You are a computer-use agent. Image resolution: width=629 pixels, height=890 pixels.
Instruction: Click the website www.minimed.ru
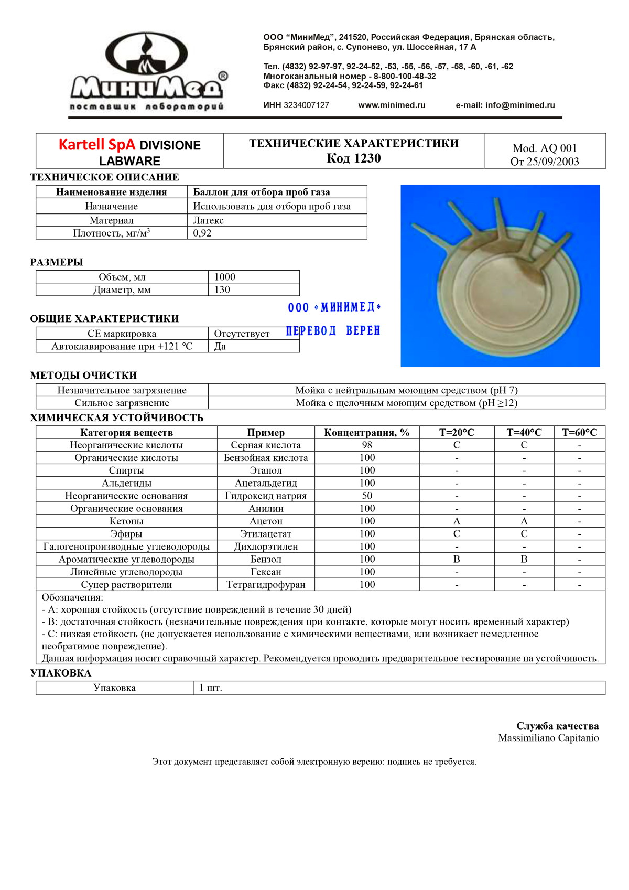tap(392, 105)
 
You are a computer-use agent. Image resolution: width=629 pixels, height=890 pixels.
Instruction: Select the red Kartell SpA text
tap(96, 145)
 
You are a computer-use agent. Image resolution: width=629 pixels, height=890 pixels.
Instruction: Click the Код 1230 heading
tap(353, 158)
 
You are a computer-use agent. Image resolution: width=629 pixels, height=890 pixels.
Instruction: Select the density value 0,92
tap(202, 233)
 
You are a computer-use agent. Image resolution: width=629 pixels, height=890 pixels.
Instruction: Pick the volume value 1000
tap(225, 277)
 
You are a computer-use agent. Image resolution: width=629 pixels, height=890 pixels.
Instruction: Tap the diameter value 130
tap(222, 289)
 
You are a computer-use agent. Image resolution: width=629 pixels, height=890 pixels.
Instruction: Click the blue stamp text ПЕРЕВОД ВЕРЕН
tap(333, 331)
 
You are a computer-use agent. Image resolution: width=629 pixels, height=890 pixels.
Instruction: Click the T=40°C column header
tap(524, 433)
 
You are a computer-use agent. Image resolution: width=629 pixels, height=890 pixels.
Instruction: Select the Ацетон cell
tap(266, 521)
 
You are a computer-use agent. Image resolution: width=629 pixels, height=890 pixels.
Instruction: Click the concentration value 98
tap(367, 445)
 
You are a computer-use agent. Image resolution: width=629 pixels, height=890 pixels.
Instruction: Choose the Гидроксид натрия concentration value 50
tap(367, 496)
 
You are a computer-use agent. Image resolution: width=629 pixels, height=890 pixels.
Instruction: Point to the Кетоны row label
tap(126, 521)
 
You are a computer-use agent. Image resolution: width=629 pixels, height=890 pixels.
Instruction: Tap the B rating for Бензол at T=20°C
tap(457, 559)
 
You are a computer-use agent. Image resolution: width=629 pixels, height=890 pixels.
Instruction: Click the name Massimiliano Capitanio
tap(548, 738)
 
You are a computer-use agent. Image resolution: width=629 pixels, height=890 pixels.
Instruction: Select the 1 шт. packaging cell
tap(211, 688)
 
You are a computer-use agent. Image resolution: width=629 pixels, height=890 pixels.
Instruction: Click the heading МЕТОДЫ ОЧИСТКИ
tap(83, 376)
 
